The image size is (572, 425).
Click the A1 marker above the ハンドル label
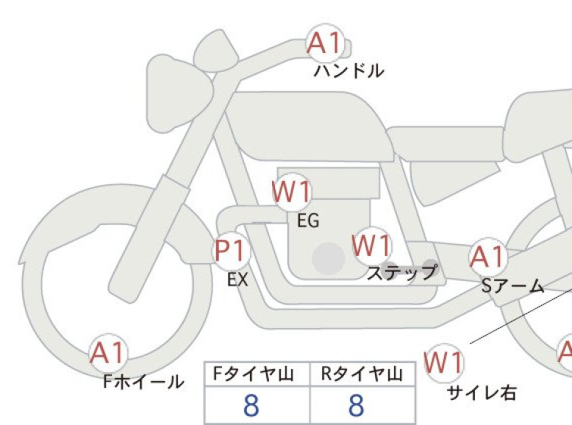(x=326, y=43)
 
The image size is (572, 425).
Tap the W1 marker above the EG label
(x=292, y=192)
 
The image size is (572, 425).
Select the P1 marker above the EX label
(x=231, y=251)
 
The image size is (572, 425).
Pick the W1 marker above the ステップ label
(x=372, y=245)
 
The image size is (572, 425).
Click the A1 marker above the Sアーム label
(x=488, y=257)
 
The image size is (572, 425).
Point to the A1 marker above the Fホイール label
(x=108, y=353)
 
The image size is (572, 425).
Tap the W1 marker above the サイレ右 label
(x=444, y=363)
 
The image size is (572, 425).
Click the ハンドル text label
(x=349, y=70)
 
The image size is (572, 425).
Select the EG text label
(x=308, y=220)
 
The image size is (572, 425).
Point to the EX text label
(x=238, y=280)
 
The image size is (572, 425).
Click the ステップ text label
(x=402, y=272)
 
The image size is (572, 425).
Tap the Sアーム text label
(x=513, y=286)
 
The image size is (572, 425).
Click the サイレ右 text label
(x=482, y=393)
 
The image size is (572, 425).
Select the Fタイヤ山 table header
(x=253, y=374)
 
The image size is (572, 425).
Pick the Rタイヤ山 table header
(x=362, y=374)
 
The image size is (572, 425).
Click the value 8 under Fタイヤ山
(x=252, y=405)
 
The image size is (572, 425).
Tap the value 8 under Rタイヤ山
(x=356, y=405)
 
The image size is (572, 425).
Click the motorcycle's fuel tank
(x=310, y=126)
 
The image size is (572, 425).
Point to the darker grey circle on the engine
(x=329, y=258)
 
